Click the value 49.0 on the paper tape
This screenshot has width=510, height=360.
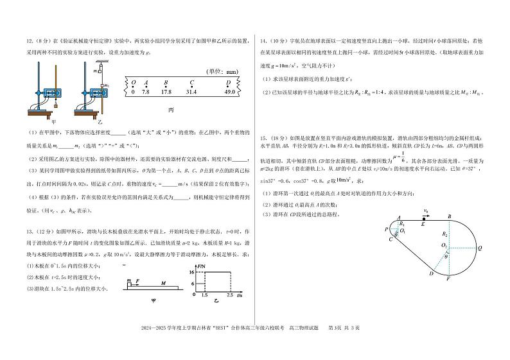click(229, 92)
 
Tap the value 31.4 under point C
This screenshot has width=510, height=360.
click(191, 92)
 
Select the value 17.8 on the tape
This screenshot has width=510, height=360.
click(166, 92)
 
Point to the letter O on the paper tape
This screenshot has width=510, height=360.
click(133, 83)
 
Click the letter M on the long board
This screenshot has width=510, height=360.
click(163, 282)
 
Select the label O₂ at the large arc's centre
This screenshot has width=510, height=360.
click(444, 245)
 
